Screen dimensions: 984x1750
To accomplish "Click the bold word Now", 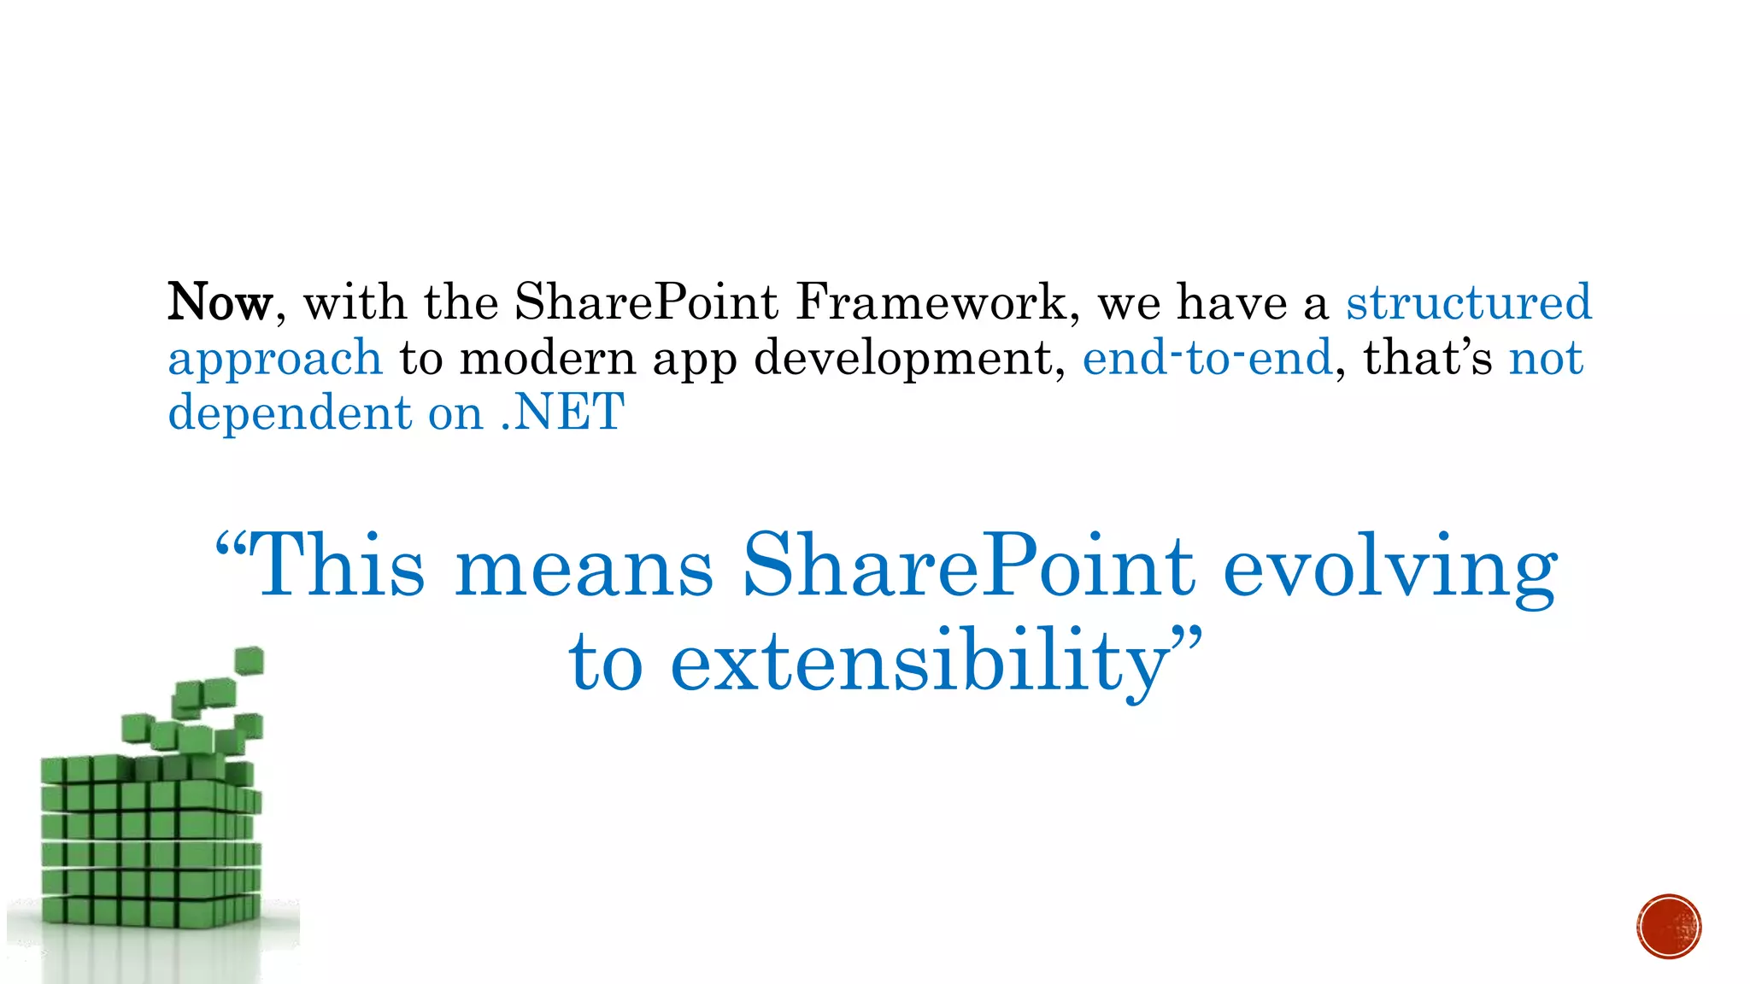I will pyautogui.click(x=220, y=302).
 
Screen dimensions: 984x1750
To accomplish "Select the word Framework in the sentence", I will pyautogui.click(x=931, y=302).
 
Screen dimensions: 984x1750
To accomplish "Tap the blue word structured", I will pyautogui.click(x=1469, y=302).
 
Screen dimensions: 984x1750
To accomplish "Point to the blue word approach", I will pyautogui.click(x=274, y=359).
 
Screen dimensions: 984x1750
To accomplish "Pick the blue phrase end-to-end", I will pyautogui.click(x=1207, y=357).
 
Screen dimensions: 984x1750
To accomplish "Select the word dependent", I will pyautogui.click(x=290, y=413).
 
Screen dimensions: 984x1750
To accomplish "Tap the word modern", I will pyautogui.click(x=547, y=357).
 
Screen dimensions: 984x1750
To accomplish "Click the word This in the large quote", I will pyautogui.click(x=339, y=565).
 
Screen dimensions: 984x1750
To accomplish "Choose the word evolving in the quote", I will pyautogui.click(x=1390, y=571).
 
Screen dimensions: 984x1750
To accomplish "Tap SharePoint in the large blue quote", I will pyautogui.click(x=968, y=565).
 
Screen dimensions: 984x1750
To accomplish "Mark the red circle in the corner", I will pyautogui.click(x=1669, y=927).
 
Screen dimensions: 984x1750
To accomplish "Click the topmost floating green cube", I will pyautogui.click(x=249, y=660).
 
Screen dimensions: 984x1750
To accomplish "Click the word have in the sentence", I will pyautogui.click(x=1231, y=302).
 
